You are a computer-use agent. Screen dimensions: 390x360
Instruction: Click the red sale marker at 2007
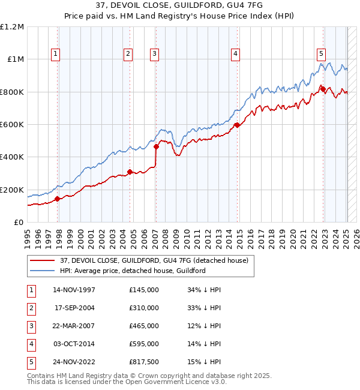(156, 146)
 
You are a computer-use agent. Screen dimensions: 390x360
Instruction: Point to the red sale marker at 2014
(237, 125)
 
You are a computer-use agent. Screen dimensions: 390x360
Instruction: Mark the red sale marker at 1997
(58, 199)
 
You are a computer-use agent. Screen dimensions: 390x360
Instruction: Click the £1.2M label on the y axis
(12, 27)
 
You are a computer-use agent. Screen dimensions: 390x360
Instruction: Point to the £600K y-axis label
(12, 125)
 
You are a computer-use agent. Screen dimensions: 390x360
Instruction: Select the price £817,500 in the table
(144, 362)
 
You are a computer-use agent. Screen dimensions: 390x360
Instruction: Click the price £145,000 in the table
(144, 290)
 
